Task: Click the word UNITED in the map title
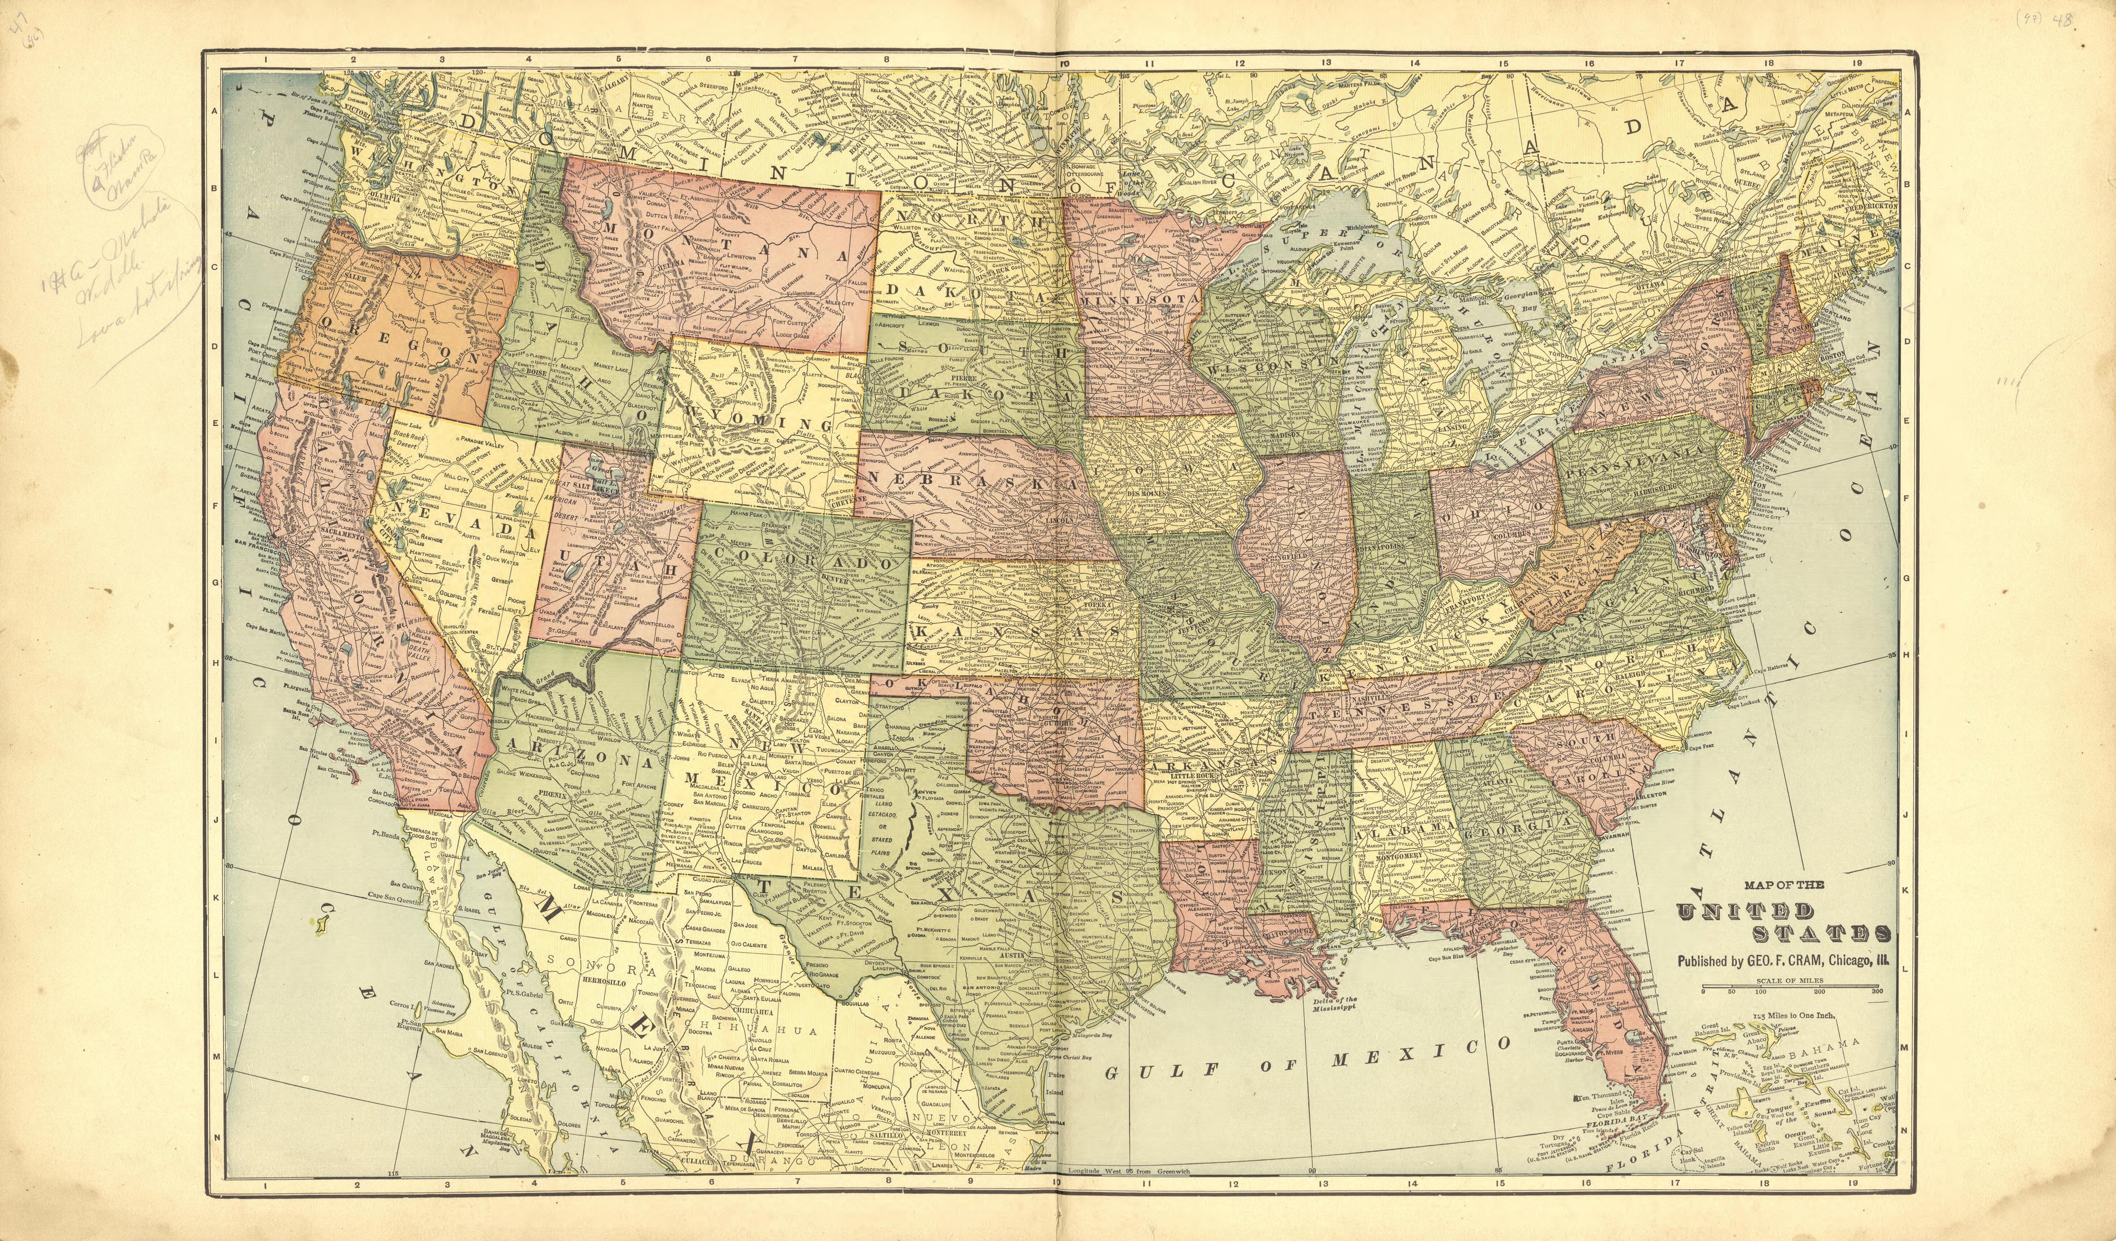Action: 1745,912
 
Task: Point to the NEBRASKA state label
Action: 965,485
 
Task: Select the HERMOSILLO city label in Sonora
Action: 606,981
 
